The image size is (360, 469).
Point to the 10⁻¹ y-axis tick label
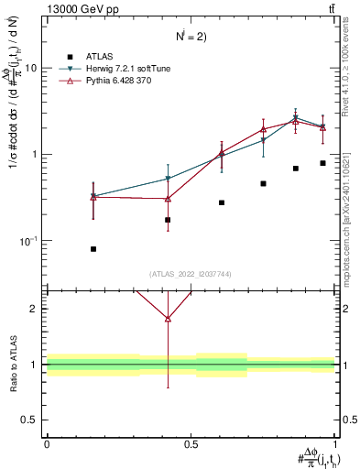(29, 241)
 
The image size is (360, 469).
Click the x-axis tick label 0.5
(191, 444)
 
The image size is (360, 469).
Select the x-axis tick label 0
(47, 444)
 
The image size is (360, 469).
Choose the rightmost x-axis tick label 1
(335, 444)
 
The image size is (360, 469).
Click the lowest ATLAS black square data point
(93, 249)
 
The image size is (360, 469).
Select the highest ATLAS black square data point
(322, 163)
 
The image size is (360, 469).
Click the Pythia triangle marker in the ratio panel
(168, 319)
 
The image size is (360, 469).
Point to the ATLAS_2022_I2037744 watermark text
(191, 274)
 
